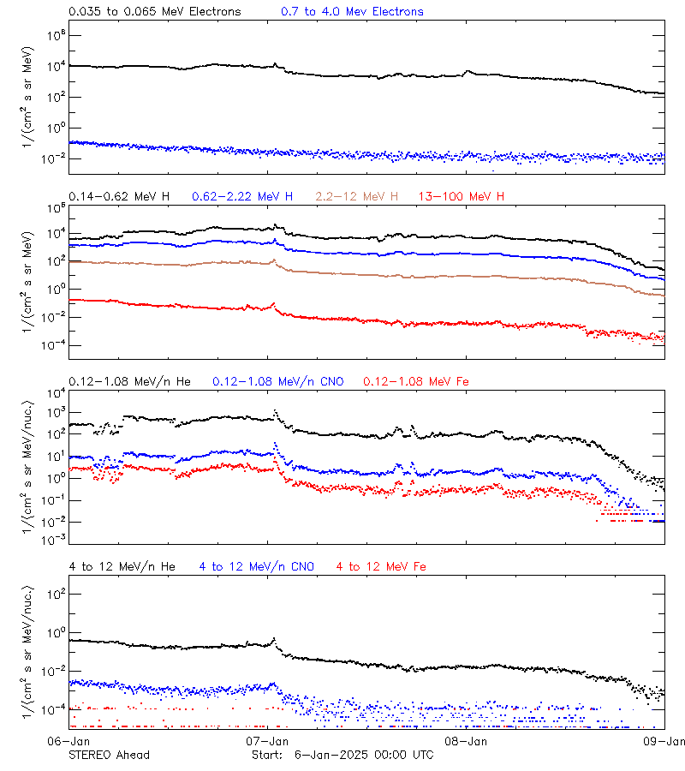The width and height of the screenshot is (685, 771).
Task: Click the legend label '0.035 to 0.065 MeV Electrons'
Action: (x=154, y=12)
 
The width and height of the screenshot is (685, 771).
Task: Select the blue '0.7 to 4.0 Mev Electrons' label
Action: (x=352, y=12)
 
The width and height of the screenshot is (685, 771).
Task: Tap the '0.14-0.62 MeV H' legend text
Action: (x=119, y=197)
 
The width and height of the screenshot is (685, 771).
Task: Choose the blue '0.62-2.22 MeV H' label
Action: (x=242, y=197)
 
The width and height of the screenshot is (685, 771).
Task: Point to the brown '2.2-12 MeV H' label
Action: (x=357, y=197)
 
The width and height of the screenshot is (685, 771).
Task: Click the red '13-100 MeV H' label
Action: (x=462, y=197)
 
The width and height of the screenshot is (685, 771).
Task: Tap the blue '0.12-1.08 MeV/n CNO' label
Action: (x=277, y=381)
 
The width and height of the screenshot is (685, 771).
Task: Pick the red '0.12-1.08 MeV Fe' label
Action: (x=416, y=381)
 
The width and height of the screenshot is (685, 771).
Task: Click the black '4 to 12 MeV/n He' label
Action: (x=122, y=566)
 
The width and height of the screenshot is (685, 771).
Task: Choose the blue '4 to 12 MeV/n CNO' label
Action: (x=256, y=566)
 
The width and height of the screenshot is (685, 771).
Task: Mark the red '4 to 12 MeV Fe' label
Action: (x=381, y=566)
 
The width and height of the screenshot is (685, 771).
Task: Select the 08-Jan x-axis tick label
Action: (x=467, y=741)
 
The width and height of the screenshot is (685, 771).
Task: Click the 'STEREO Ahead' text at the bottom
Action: (x=109, y=755)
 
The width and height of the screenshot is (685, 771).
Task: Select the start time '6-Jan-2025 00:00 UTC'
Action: (x=364, y=755)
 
